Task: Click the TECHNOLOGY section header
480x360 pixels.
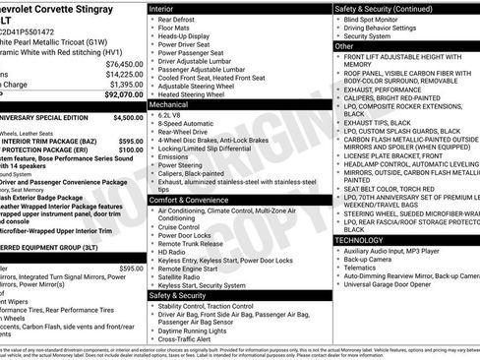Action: coord(358,239)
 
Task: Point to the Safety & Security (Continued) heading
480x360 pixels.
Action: coord(384,8)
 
